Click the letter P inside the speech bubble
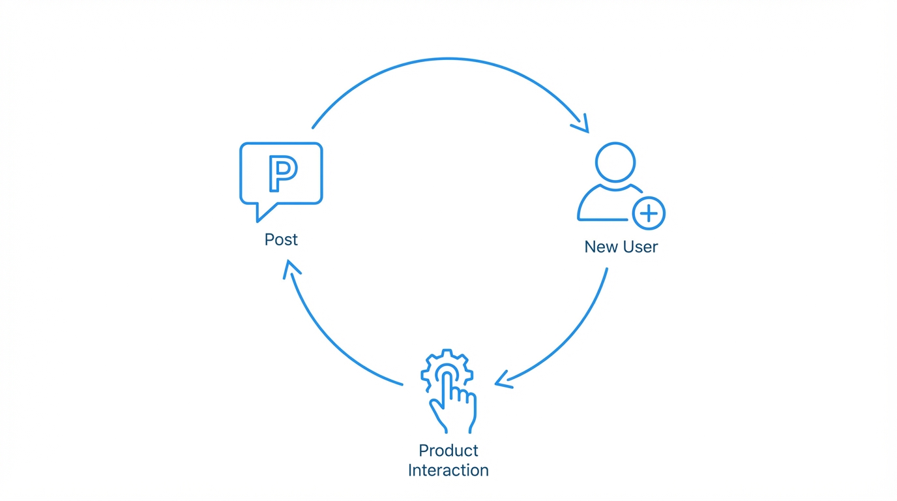coord(282,174)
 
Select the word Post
coord(281,239)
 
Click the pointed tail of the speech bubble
coord(263,213)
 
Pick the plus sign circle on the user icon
coord(649,213)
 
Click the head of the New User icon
coord(615,162)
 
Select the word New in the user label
coord(599,247)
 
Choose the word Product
coord(448,450)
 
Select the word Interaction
coord(448,470)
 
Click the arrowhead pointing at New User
coord(582,124)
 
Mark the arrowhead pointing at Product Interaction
coord(502,381)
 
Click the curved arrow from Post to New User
coord(448,59)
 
